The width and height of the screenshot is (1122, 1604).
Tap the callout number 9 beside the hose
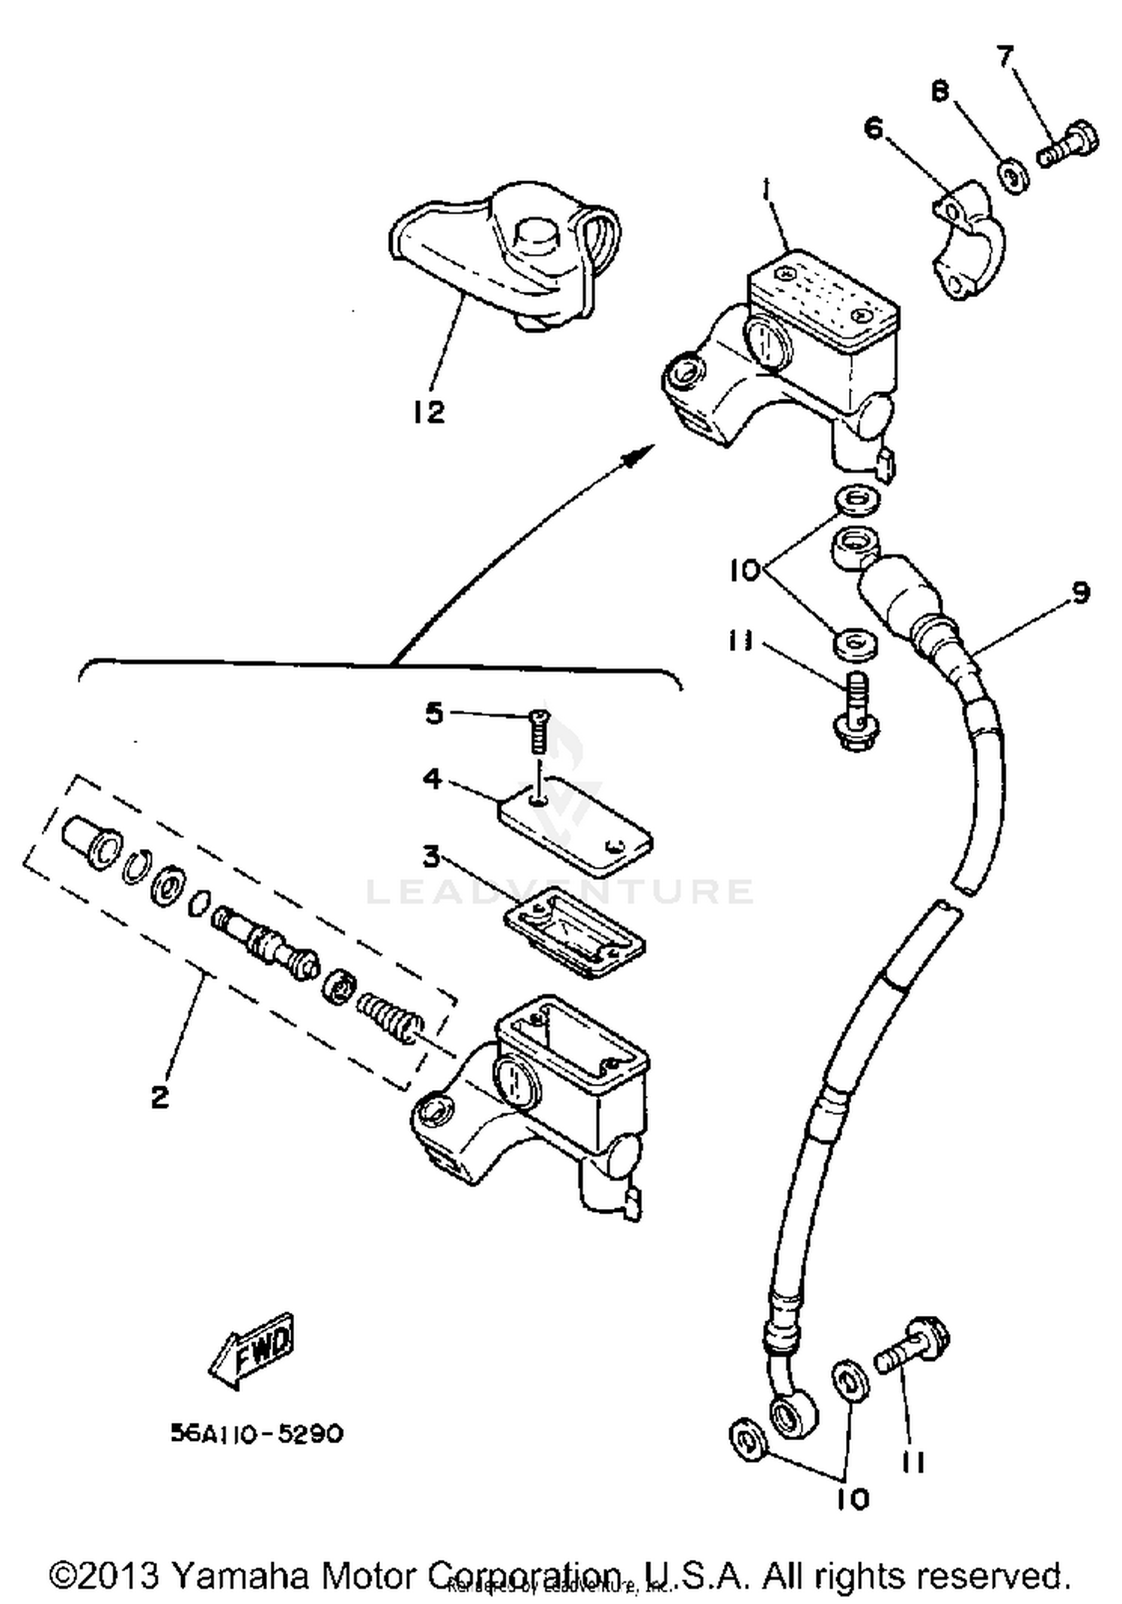(x=1079, y=593)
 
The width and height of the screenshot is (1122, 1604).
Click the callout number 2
(x=160, y=1098)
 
